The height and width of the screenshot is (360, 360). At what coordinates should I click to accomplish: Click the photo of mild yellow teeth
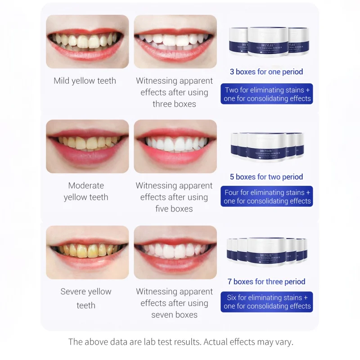click(87, 41)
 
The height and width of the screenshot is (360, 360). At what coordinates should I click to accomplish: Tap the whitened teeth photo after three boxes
click(175, 41)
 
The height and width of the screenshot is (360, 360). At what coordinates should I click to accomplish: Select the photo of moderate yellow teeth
click(87, 146)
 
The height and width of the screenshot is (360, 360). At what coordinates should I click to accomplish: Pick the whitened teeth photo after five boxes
click(175, 146)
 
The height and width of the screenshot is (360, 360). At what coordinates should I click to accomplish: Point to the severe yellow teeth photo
click(87, 252)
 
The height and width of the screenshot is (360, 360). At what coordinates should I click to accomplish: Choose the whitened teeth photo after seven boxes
click(175, 252)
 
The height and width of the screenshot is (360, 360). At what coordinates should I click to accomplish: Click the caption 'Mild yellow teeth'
click(85, 81)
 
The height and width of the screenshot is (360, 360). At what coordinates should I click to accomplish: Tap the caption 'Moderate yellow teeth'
click(86, 191)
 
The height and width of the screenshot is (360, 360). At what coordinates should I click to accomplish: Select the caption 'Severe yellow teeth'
click(86, 298)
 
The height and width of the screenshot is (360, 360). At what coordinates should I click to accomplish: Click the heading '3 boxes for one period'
click(266, 72)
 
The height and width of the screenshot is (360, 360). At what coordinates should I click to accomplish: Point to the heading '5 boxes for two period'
click(266, 177)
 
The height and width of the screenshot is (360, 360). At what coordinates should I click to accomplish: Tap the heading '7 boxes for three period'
click(266, 282)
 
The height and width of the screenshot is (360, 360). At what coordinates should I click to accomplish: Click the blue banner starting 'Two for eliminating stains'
click(267, 94)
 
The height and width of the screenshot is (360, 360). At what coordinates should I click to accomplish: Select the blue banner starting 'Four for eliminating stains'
click(267, 197)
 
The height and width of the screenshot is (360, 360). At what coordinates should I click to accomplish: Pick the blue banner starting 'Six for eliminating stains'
click(267, 301)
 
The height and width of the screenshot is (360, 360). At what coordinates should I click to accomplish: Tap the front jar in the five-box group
click(266, 147)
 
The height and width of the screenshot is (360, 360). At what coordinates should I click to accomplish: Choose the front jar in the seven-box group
click(267, 252)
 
